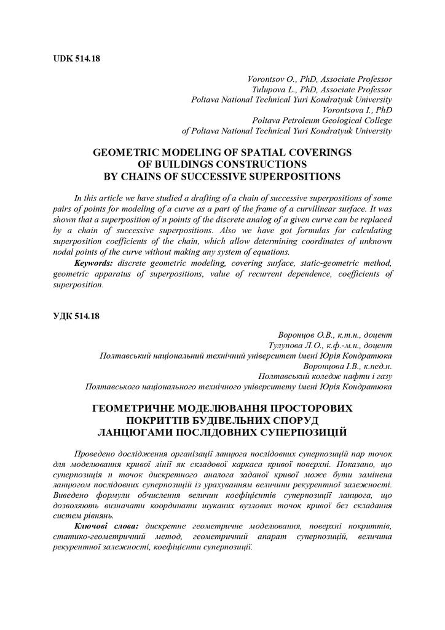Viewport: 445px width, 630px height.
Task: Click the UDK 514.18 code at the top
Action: (77, 59)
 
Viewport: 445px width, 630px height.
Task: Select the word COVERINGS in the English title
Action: (319, 152)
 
